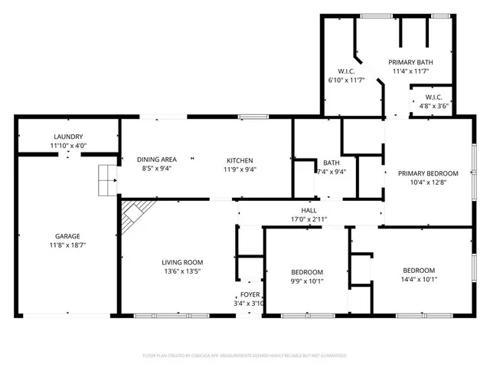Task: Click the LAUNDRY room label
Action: (68, 136)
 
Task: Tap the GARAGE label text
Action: (67, 236)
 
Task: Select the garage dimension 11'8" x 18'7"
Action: (67, 245)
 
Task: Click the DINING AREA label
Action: (156, 159)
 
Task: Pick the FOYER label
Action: (250, 294)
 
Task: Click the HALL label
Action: (309, 209)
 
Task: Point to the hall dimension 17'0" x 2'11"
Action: (309, 219)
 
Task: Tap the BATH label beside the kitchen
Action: (332, 163)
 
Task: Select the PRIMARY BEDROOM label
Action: (428, 173)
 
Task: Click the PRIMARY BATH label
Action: (410, 62)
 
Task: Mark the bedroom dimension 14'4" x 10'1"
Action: (419, 279)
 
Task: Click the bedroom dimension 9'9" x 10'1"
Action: (307, 281)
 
